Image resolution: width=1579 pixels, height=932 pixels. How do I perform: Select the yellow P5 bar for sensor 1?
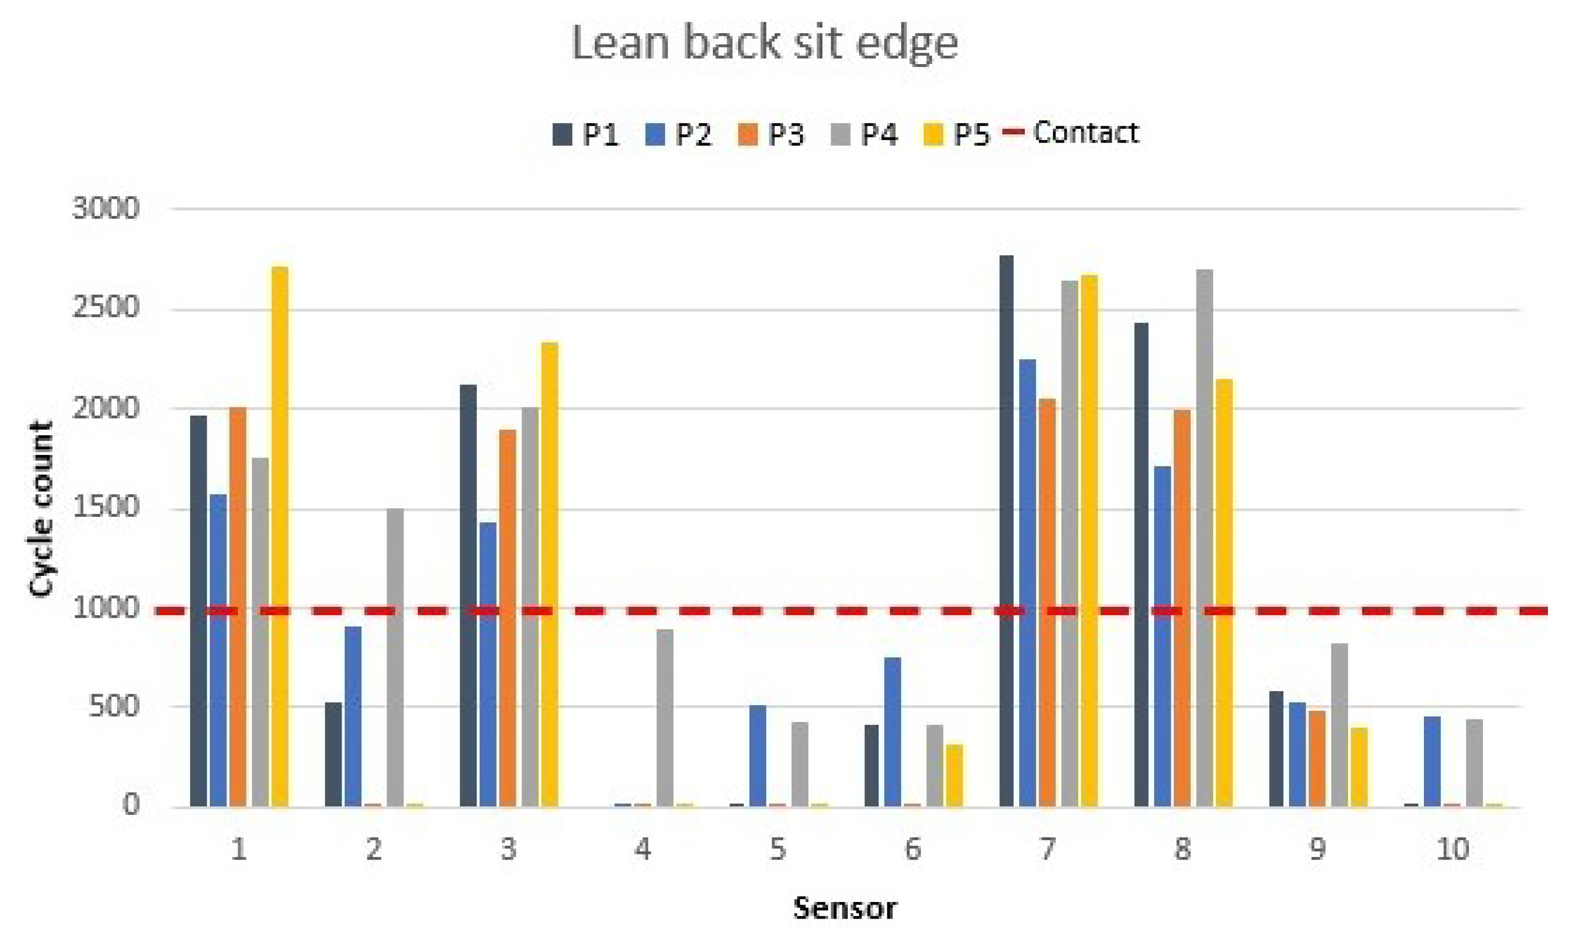(x=280, y=537)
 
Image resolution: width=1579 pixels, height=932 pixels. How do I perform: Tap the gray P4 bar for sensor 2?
(x=395, y=657)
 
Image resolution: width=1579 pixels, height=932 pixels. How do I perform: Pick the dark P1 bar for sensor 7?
(x=1006, y=531)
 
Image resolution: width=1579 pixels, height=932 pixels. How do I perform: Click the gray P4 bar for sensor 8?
(x=1204, y=538)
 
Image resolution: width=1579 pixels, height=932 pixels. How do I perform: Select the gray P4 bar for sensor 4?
(x=665, y=718)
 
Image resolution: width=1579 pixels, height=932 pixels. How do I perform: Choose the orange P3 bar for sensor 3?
(x=507, y=618)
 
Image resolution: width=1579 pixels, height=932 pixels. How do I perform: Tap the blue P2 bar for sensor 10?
(x=1432, y=761)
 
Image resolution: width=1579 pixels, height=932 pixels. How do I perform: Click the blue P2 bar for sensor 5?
(x=757, y=756)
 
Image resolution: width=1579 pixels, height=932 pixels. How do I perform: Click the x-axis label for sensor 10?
(x=1452, y=850)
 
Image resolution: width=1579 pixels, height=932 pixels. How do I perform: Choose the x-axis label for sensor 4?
(x=642, y=850)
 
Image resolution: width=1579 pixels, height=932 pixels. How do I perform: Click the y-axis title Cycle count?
(x=41, y=509)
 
